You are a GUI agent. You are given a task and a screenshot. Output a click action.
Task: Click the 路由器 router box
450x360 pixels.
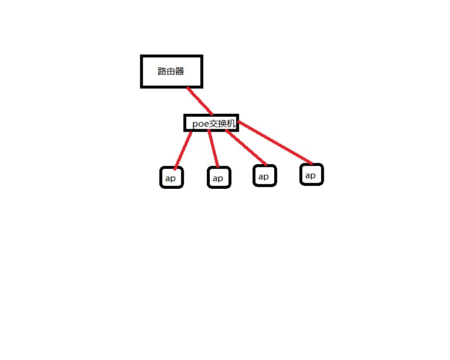click(x=171, y=72)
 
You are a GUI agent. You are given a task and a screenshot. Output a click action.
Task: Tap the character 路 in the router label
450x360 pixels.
click(x=162, y=72)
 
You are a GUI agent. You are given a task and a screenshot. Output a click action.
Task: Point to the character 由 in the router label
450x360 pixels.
click(x=171, y=72)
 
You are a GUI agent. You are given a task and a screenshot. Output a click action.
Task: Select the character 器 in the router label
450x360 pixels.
click(x=179, y=72)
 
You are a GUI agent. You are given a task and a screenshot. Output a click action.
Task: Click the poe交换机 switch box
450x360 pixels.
click(x=211, y=123)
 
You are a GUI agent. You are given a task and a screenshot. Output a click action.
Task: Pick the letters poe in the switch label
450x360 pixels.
click(x=200, y=124)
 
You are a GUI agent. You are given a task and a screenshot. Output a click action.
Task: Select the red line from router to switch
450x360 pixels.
click(x=199, y=100)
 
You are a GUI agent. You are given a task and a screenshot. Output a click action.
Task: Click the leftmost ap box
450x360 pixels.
click(x=171, y=178)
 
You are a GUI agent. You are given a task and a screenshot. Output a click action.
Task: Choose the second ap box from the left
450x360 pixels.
click(x=219, y=178)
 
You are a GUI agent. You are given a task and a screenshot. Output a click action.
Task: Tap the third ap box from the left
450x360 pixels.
click(x=264, y=176)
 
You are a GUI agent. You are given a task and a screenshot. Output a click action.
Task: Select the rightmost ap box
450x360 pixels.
click(x=311, y=175)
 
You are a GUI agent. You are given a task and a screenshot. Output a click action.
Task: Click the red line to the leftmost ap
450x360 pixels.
click(x=182, y=150)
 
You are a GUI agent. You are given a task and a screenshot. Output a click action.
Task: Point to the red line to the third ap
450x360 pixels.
click(x=246, y=148)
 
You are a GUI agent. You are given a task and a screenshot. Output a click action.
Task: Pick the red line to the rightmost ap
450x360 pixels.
click(x=275, y=142)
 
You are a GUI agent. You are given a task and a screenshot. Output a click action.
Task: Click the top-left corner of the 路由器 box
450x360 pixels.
click(x=142, y=57)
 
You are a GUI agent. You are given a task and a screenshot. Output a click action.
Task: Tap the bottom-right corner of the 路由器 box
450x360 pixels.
click(x=201, y=86)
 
